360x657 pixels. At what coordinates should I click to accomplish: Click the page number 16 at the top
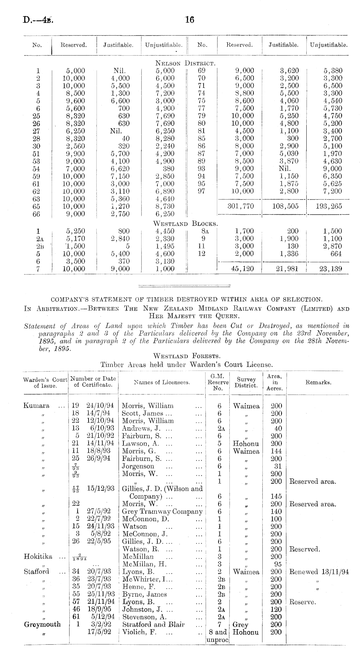coord(189,20)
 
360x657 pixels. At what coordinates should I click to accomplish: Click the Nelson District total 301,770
coord(241,206)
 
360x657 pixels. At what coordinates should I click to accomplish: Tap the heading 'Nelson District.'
coord(185,63)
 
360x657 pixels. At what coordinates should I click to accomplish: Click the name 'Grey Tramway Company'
coord(162,512)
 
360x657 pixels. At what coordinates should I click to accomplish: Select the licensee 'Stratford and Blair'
coord(153,624)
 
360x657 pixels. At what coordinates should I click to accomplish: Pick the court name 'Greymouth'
coord(42,624)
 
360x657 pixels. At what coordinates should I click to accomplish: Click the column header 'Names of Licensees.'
coord(162,382)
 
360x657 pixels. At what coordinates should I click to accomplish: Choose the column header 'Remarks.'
coord(318,382)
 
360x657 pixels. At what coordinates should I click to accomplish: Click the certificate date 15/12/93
coord(100,489)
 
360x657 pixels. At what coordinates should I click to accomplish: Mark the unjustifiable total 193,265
coord(329,206)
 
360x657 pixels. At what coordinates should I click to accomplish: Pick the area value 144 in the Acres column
coord(276,451)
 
